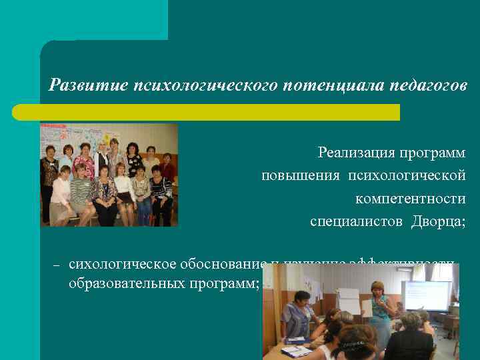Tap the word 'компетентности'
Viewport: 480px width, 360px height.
410,198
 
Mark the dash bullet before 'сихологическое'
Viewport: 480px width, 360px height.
57,265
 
